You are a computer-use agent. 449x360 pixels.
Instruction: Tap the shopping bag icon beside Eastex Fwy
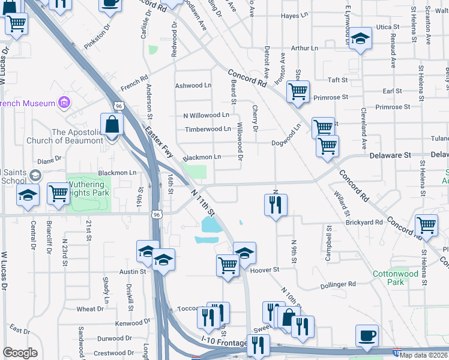click(x=112, y=125)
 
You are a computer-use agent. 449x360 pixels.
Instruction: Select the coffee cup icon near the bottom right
click(x=367, y=337)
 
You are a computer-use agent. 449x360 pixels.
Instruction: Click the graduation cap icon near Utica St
click(x=361, y=40)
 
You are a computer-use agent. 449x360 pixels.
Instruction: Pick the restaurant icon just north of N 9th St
click(x=276, y=205)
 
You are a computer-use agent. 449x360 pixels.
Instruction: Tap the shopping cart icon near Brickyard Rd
click(x=426, y=226)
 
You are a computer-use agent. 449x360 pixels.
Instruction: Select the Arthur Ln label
click(x=303, y=48)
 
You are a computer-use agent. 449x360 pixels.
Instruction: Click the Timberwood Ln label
click(x=208, y=128)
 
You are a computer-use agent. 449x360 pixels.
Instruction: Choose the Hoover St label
click(x=269, y=270)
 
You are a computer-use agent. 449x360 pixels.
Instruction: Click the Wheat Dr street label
click(x=90, y=309)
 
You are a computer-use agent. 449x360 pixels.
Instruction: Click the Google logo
click(x=20, y=352)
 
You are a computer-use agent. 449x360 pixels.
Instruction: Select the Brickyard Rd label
click(x=364, y=222)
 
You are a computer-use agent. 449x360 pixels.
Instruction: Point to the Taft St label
click(x=338, y=80)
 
